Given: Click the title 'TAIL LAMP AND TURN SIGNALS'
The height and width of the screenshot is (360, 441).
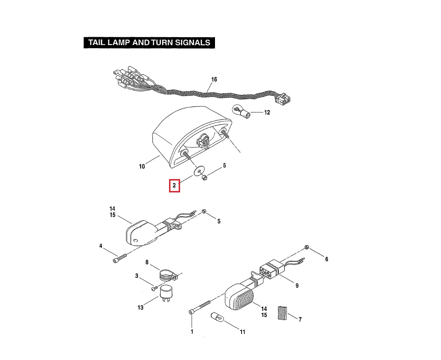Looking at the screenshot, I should (149, 43).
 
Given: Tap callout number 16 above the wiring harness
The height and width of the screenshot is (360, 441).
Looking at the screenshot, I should (214, 79).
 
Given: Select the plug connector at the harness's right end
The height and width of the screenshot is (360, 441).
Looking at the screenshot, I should (285, 98).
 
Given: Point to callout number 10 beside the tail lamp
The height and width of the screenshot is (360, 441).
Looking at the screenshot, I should (142, 166).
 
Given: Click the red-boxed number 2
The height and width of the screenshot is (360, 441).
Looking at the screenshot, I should (174, 186).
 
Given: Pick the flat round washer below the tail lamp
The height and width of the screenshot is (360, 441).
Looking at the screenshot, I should (198, 171).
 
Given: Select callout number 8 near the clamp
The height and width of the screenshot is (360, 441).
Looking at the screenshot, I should (147, 262).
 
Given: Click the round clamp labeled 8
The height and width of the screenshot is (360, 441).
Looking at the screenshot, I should (166, 275).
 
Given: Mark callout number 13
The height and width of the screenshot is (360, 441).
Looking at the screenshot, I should (141, 308).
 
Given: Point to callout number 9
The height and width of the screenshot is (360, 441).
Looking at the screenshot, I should (297, 285).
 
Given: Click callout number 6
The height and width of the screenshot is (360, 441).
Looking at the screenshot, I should (327, 259).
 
